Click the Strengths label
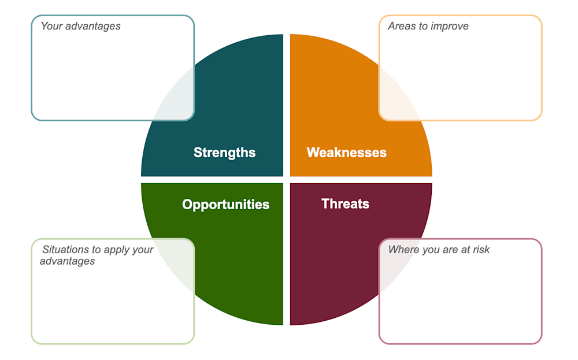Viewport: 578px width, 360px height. (224, 153)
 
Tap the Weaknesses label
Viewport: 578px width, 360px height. (346, 153)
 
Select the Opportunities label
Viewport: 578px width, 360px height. (225, 205)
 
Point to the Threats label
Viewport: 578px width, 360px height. (345, 203)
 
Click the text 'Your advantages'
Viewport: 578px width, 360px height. (80, 26)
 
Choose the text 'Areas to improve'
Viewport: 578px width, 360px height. (428, 26)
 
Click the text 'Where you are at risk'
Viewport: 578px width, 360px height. (439, 250)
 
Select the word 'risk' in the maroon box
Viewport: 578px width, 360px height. (480, 250)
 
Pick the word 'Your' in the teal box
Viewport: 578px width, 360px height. (51, 26)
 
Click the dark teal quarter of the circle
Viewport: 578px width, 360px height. (231, 98)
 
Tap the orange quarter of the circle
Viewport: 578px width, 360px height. (335, 98)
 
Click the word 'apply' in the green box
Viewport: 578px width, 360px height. (117, 250)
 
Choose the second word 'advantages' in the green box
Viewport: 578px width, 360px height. (67, 261)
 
